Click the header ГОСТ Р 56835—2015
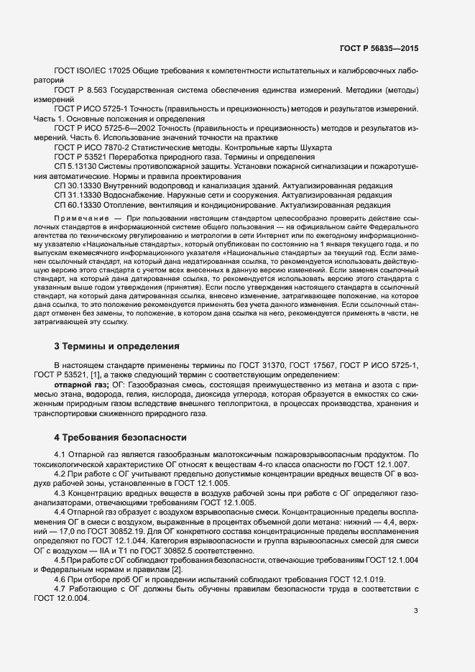pos(379,48)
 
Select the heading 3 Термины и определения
pos(116,346)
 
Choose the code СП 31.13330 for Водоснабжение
pos(78,195)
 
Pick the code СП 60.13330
pos(78,205)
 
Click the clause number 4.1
pos(60,454)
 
